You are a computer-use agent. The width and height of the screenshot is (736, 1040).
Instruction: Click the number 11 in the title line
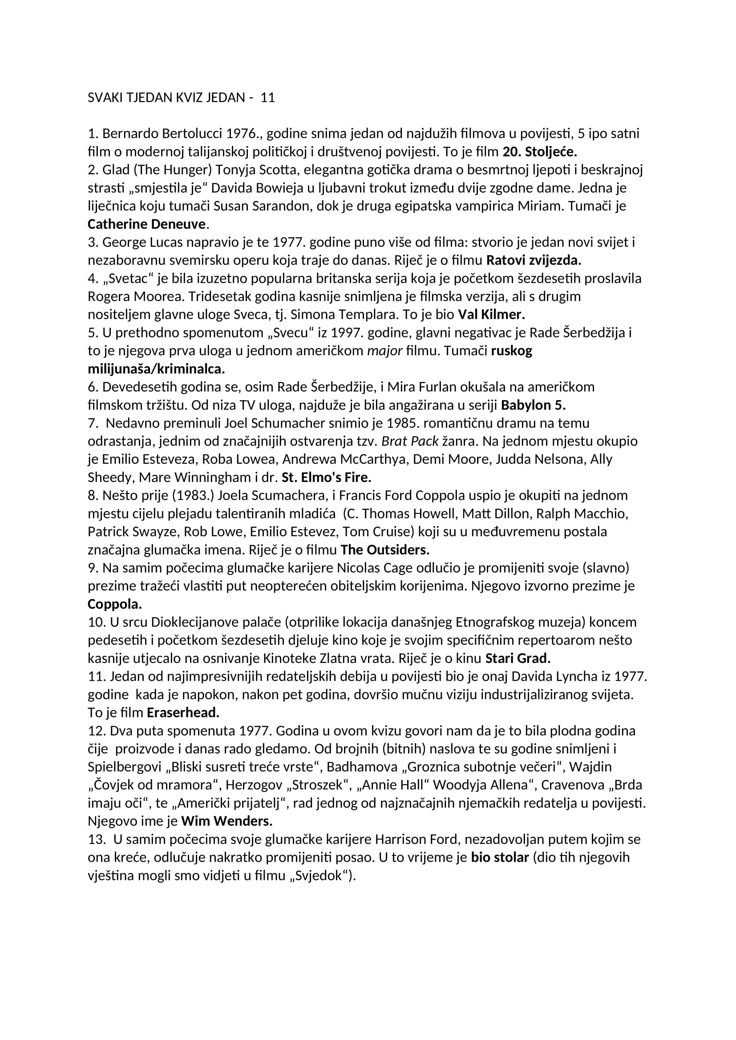268,98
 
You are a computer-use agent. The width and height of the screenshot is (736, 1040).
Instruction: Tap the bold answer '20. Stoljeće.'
540,151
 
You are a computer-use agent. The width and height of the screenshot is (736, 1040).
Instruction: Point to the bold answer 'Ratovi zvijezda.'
534,261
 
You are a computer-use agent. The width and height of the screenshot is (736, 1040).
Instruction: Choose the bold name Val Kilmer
491,314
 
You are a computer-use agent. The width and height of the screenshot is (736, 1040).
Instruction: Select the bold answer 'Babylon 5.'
533,405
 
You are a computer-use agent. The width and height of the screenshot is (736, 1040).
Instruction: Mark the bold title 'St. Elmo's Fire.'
326,478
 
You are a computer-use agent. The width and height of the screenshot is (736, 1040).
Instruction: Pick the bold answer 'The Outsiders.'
385,550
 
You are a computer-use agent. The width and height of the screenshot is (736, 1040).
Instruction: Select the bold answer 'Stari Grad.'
518,658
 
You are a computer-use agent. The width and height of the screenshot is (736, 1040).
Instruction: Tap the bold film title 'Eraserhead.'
183,713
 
